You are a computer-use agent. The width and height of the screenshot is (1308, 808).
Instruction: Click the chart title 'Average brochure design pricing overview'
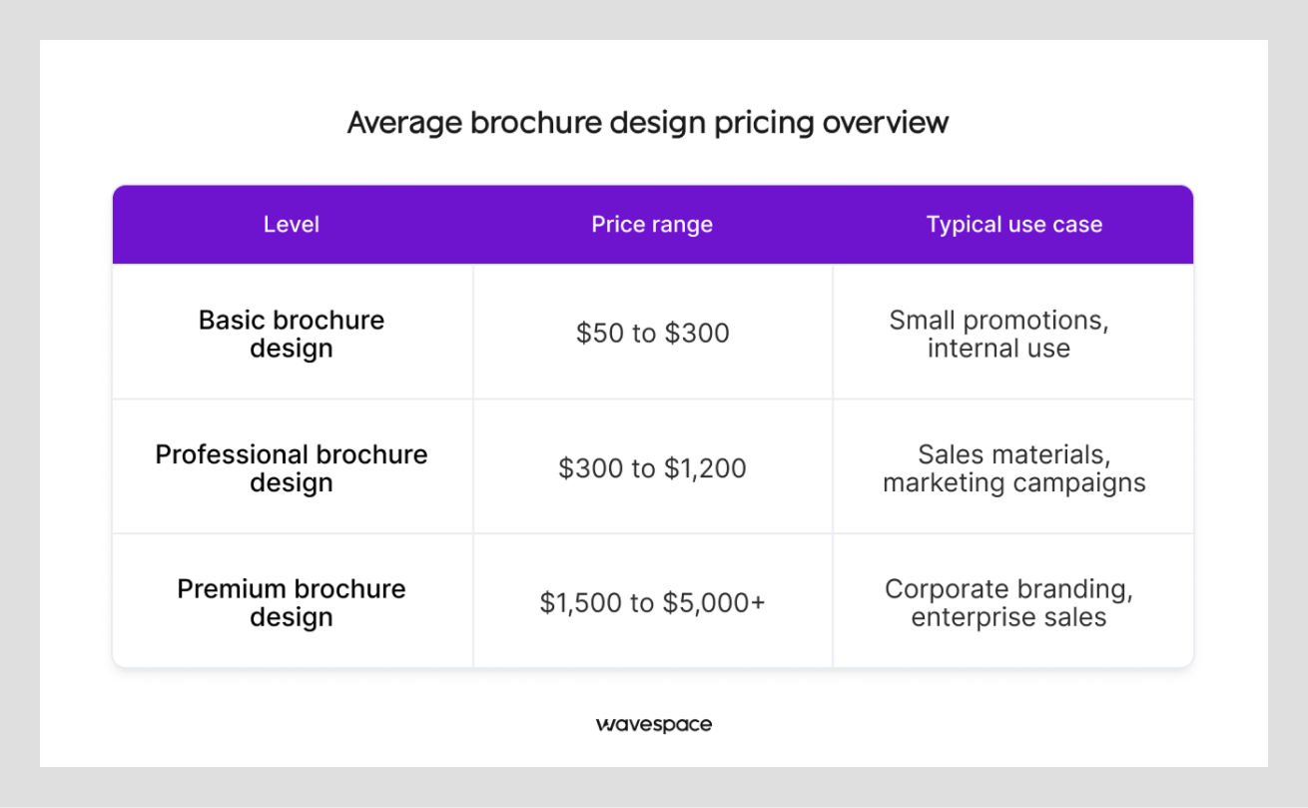(x=647, y=123)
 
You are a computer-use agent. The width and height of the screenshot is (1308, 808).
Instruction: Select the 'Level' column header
(x=292, y=225)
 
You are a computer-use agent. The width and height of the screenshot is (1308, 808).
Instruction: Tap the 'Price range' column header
(x=652, y=225)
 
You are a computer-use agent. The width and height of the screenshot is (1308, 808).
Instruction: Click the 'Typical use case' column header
(x=1013, y=225)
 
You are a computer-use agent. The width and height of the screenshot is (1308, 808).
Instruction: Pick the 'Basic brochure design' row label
(x=292, y=334)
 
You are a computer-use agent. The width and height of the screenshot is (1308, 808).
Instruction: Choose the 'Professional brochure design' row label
(x=292, y=467)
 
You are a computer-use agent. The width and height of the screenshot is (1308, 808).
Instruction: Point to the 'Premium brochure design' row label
(x=292, y=602)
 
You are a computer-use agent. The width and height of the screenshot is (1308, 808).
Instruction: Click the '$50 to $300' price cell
(x=652, y=333)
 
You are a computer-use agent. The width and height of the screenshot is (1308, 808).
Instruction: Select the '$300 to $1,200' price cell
(x=652, y=467)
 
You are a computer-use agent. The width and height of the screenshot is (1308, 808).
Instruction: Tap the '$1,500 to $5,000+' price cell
(x=652, y=602)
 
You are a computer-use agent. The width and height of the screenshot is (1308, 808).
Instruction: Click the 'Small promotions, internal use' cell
(x=999, y=334)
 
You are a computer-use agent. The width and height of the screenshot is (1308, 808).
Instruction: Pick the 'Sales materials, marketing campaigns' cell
(x=1013, y=467)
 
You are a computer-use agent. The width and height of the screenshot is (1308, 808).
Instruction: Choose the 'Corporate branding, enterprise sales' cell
(x=1008, y=602)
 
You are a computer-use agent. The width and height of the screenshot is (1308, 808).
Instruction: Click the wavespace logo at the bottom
(x=654, y=724)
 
